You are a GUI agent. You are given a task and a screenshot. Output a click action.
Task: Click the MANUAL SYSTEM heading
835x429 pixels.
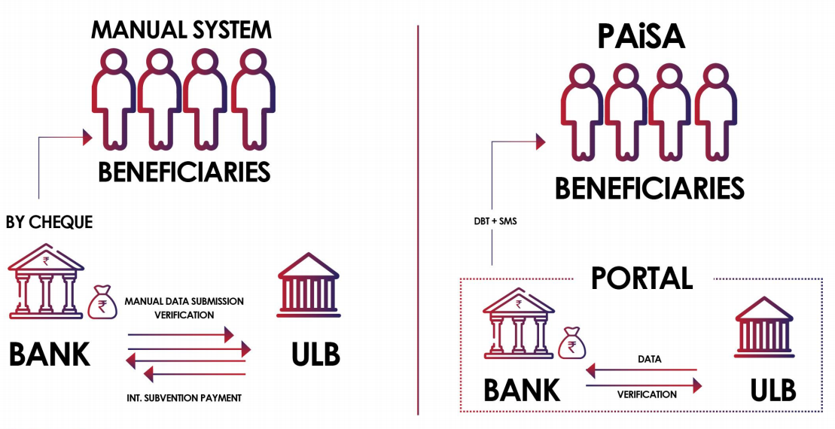pos(181,30)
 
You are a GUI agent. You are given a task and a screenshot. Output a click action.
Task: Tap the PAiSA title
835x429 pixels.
pos(641,36)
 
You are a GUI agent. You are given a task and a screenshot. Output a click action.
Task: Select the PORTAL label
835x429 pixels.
pos(641,278)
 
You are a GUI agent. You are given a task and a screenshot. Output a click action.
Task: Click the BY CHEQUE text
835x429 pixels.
pos(49,223)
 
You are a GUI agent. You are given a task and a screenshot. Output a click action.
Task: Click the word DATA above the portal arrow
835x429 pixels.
pos(648,359)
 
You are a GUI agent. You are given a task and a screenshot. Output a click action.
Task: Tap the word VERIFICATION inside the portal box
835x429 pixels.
pos(647,394)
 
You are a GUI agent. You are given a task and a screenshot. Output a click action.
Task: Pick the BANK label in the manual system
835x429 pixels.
pos(50,354)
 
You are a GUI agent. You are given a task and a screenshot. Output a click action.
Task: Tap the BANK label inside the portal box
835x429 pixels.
pos(522,390)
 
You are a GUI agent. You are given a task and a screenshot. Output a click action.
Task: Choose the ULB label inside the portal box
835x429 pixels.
pos(773,390)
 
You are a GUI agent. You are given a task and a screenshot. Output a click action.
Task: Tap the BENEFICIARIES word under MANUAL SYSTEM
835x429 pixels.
pos(184,172)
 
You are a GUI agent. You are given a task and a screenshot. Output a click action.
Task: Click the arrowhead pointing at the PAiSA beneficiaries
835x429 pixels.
pos(539,141)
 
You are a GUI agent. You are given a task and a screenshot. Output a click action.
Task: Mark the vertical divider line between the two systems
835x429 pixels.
pos(418,218)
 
